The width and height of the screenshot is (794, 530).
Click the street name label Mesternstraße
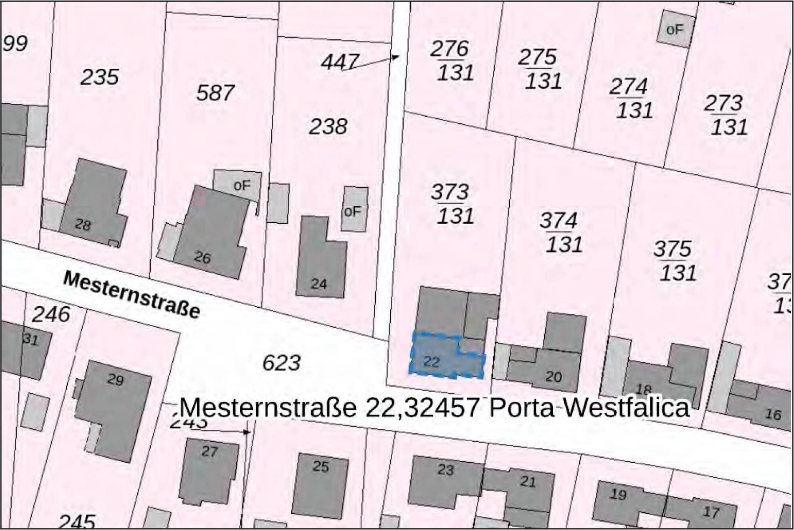click(x=132, y=294)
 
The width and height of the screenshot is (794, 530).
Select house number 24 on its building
click(x=319, y=284)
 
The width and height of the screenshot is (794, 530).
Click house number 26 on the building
click(x=202, y=258)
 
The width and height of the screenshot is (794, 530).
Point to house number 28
click(x=82, y=224)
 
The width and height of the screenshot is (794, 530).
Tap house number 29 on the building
click(x=115, y=380)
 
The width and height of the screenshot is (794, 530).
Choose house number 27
click(x=209, y=451)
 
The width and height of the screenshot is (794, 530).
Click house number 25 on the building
click(x=320, y=466)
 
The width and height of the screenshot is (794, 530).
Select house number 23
click(x=445, y=470)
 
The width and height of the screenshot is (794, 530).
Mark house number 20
click(x=553, y=377)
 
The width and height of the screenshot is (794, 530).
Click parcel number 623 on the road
click(x=281, y=363)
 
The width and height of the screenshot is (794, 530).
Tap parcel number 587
click(x=215, y=93)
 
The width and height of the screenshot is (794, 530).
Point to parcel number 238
click(x=328, y=127)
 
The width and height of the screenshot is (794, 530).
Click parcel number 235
click(x=100, y=77)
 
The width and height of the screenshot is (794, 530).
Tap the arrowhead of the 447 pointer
click(x=396, y=56)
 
